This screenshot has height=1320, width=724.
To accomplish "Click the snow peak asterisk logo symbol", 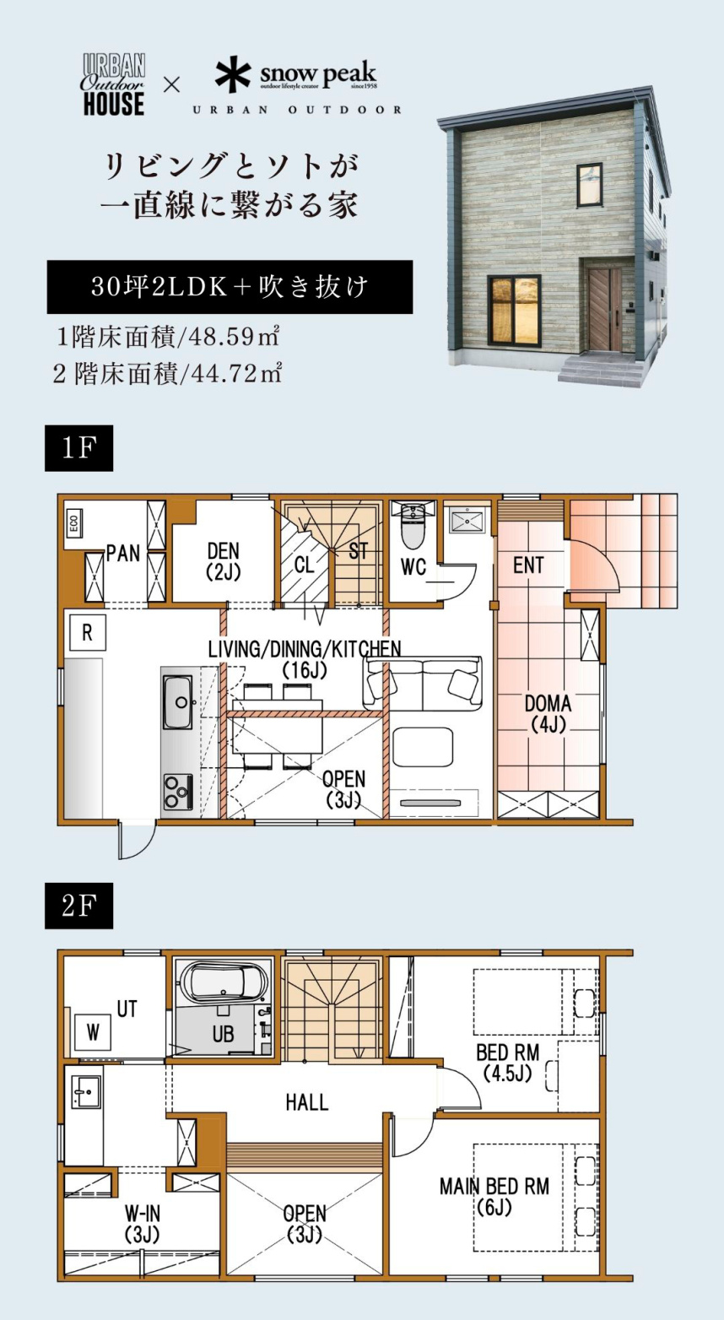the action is [233, 74].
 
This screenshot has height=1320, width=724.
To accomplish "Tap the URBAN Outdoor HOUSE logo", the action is [114, 85].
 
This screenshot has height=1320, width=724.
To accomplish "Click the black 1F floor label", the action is [79, 448].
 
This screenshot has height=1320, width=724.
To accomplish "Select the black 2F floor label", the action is [79, 906].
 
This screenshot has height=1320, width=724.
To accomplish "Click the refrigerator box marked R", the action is [87, 632].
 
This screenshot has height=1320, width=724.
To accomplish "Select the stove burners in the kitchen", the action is [178, 791].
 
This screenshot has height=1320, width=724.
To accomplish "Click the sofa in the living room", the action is [422, 684].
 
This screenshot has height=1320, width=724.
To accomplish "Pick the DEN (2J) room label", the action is [224, 561].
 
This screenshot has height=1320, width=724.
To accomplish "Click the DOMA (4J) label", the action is [548, 713].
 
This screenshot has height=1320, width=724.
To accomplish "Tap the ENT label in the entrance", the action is [528, 565].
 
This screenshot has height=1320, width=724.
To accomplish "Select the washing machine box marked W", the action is [93, 1031].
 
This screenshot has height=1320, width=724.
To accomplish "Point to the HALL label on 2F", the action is [306, 1102].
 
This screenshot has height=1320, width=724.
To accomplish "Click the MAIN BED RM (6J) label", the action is [494, 1196].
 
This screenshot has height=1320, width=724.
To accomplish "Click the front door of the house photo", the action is [605, 310].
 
